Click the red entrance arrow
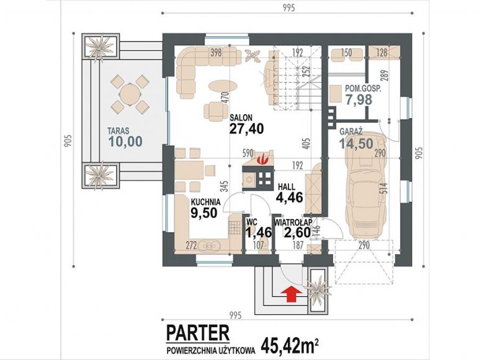pos(292,294)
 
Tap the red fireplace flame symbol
pos(262,159)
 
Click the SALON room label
pos(241,118)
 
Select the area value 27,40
pos(246,129)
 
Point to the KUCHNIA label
pos(205,202)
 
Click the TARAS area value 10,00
pos(125,142)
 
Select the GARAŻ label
pos(351,132)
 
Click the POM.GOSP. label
pos(363,89)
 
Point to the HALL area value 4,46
pos(289,197)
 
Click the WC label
pos(251,221)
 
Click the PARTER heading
pos(198,333)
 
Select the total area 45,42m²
pos(290,346)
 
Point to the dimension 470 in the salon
pos(225,99)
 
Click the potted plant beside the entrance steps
pos(318,289)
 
